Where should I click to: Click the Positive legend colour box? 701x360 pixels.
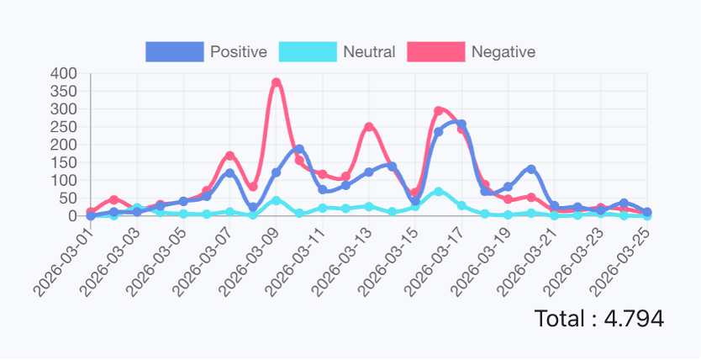pyautogui.click(x=174, y=51)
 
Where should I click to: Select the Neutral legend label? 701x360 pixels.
pyautogui.click(x=369, y=51)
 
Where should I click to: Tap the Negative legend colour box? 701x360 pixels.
pyautogui.click(x=435, y=51)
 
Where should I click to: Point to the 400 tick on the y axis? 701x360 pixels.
pyautogui.click(x=64, y=74)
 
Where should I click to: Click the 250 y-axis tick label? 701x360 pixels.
pyautogui.click(x=64, y=127)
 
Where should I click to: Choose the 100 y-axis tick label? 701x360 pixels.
pyautogui.click(x=64, y=180)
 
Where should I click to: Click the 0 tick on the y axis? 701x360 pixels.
pyautogui.click(x=71, y=215)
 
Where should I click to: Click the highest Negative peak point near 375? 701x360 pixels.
pyautogui.click(x=276, y=83)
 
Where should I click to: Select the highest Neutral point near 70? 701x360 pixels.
pyautogui.click(x=438, y=192)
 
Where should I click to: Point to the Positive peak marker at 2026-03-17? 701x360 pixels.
pyautogui.click(x=461, y=124)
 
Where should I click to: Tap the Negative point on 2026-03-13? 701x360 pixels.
pyautogui.click(x=368, y=127)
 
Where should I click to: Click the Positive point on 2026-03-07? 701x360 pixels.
pyautogui.click(x=229, y=172)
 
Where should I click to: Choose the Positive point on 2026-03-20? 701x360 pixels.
pyautogui.click(x=531, y=169)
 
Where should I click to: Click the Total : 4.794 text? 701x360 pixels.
pyautogui.click(x=598, y=319)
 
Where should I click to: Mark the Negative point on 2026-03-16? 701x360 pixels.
pyautogui.click(x=438, y=111)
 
